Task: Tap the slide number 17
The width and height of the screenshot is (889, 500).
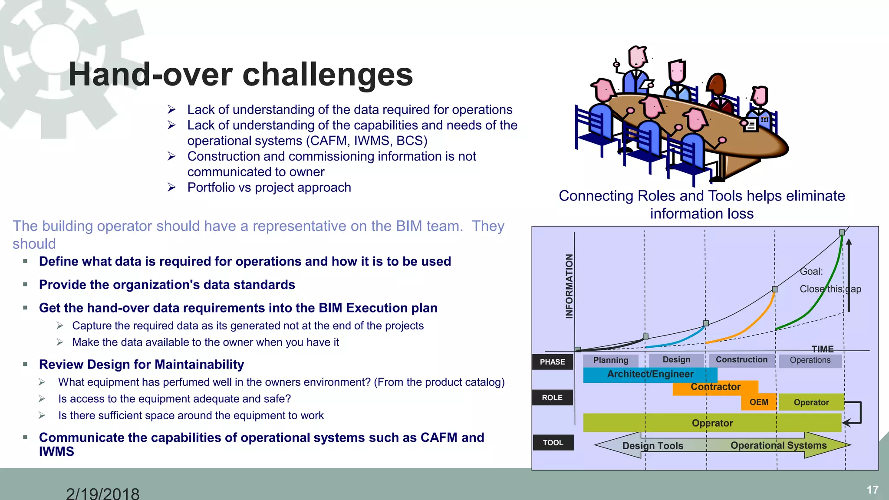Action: (x=873, y=490)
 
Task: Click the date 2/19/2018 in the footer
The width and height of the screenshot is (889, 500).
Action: (x=102, y=493)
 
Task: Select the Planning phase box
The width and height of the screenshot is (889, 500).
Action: (x=610, y=360)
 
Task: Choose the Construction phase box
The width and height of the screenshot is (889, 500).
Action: (x=741, y=360)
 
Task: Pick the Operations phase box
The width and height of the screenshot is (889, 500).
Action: (x=810, y=360)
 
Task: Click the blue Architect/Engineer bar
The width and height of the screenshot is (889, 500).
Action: (x=650, y=375)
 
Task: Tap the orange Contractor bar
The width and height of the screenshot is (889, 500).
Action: (x=715, y=387)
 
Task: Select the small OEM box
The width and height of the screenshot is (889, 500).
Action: (x=759, y=402)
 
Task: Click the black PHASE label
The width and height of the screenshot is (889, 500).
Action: (x=552, y=362)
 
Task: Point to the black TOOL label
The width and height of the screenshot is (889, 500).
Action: (x=553, y=443)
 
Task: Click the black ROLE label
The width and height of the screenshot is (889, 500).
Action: (x=552, y=398)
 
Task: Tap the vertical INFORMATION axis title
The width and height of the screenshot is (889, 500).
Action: (x=569, y=286)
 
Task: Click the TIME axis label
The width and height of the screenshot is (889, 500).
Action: (x=823, y=349)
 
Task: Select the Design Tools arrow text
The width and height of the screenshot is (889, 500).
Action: (x=652, y=446)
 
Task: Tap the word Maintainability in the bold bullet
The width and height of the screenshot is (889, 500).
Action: (x=199, y=365)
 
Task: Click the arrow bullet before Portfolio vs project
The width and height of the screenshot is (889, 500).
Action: (x=172, y=187)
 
